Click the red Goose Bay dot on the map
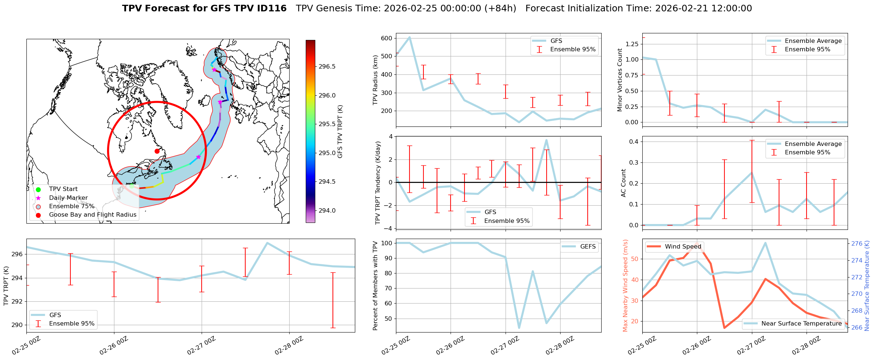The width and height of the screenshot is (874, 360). click(x=157, y=151)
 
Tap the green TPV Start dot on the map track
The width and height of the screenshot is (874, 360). click(x=132, y=186)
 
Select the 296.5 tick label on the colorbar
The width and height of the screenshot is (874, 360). click(x=327, y=66)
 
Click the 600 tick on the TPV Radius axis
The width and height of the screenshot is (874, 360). click(x=386, y=38)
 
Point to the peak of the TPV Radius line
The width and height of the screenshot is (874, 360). click(x=410, y=37)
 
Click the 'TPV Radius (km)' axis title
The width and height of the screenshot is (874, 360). click(x=375, y=80)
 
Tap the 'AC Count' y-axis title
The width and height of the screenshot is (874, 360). click(x=624, y=183)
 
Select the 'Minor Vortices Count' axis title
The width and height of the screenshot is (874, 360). click(x=620, y=80)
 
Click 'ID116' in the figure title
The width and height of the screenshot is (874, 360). click(x=273, y=8)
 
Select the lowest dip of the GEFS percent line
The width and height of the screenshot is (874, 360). click(x=519, y=328)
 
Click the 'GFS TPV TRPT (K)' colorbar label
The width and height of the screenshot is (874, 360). click(x=340, y=131)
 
